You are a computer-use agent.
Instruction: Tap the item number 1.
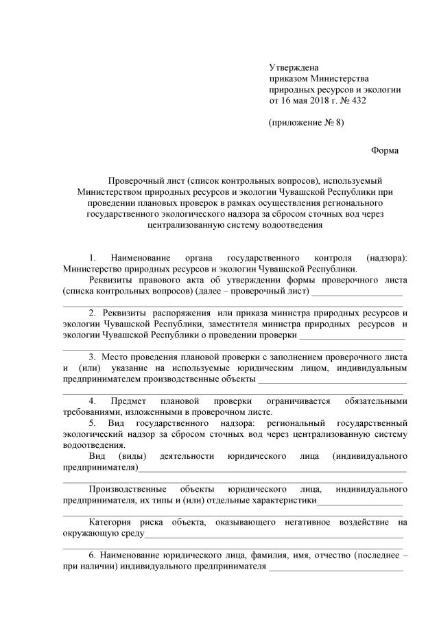point(93,257)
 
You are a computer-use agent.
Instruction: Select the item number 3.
point(93,357)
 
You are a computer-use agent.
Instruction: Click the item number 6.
point(93,554)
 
